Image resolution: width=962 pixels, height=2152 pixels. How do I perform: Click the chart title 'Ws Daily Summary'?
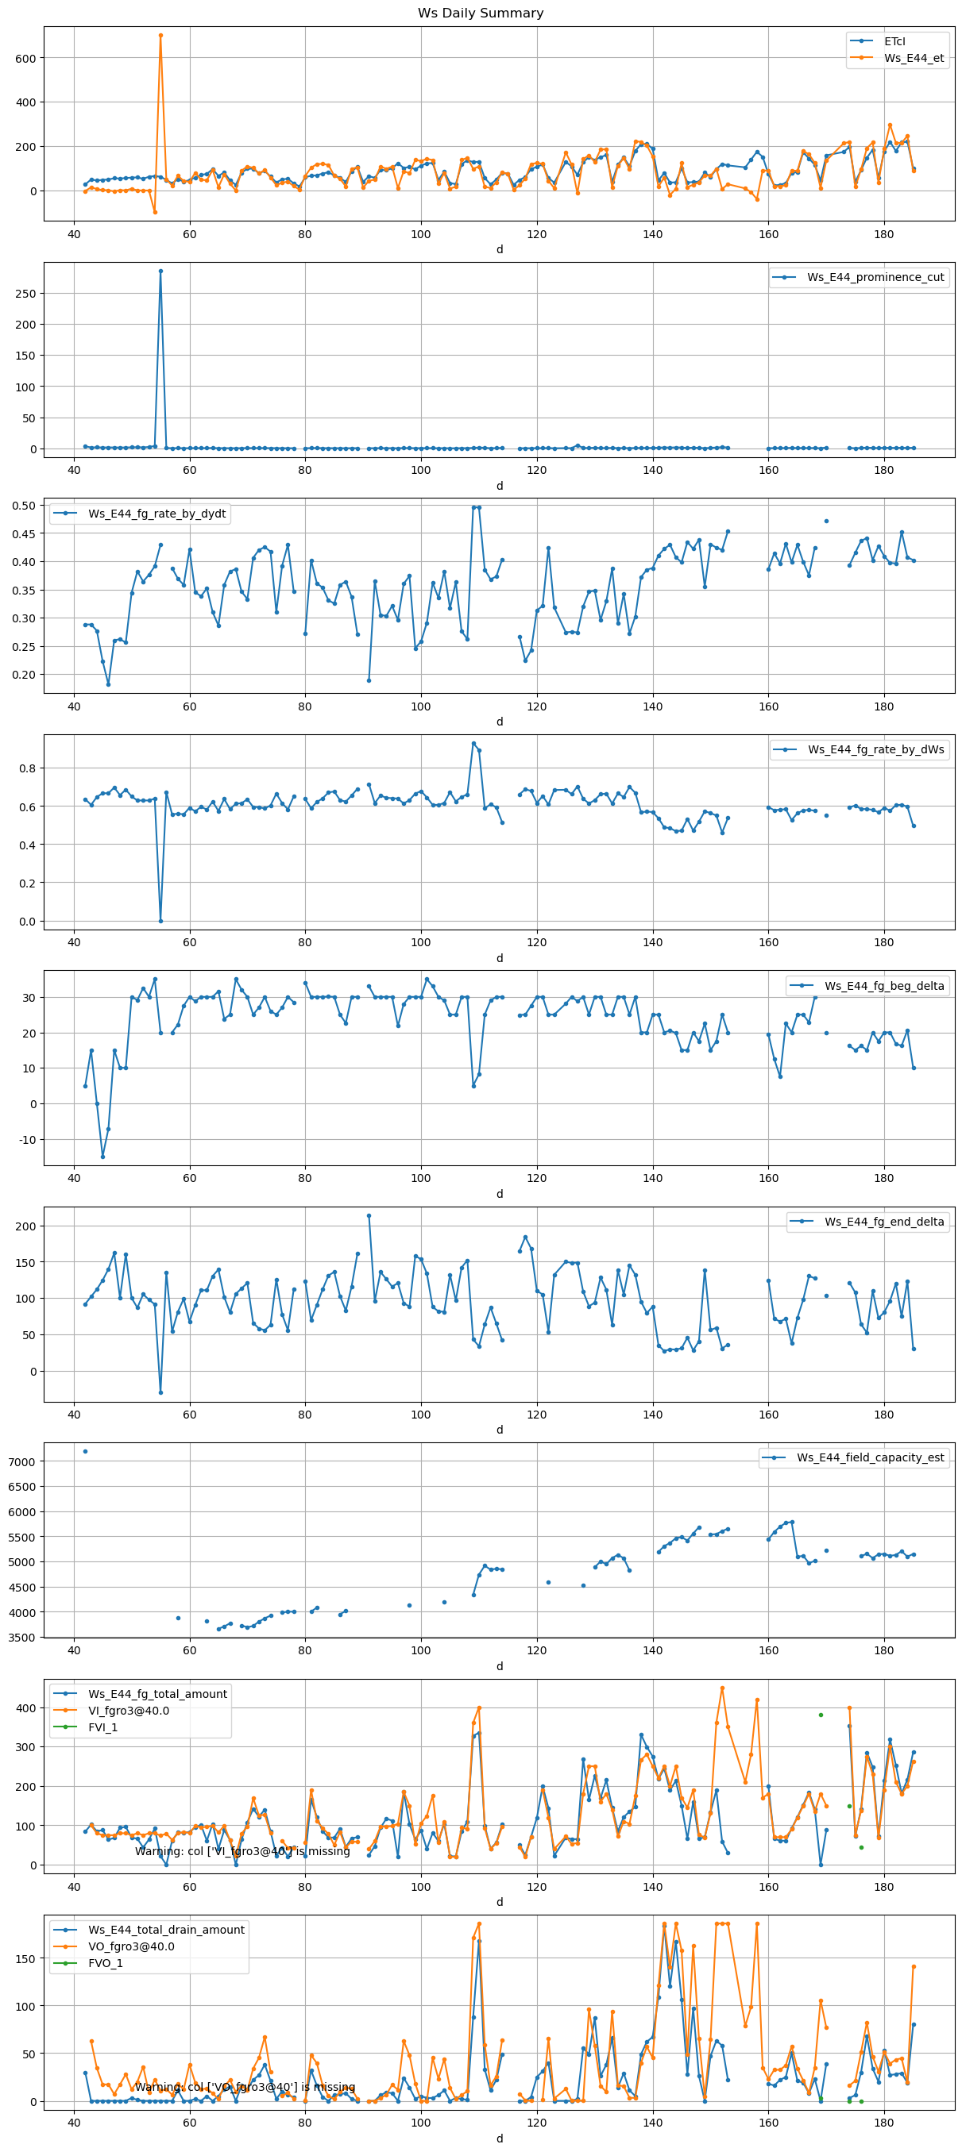point(481,13)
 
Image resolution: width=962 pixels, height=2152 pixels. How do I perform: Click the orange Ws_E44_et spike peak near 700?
point(160,35)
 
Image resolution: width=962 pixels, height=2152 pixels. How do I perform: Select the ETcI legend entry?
point(894,41)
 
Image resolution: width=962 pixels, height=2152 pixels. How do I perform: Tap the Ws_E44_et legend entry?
point(913,59)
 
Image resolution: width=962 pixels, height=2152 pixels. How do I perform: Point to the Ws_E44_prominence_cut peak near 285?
point(160,271)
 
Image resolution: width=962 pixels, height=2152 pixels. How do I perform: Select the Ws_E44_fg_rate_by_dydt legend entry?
point(156,514)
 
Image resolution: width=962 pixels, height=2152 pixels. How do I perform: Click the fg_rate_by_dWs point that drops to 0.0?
point(160,921)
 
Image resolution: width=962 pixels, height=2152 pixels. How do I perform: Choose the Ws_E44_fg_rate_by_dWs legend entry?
point(875,749)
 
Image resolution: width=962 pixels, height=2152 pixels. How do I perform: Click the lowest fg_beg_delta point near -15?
point(102,1157)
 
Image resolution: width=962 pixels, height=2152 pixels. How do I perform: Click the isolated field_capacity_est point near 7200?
point(85,1451)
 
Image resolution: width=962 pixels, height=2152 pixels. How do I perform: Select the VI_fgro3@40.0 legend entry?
point(128,1710)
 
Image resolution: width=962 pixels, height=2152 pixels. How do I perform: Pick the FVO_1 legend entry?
point(106,1963)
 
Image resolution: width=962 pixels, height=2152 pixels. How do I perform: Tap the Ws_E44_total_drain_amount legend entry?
point(165,1930)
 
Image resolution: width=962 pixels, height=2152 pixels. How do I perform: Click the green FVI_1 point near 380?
point(821,1715)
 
